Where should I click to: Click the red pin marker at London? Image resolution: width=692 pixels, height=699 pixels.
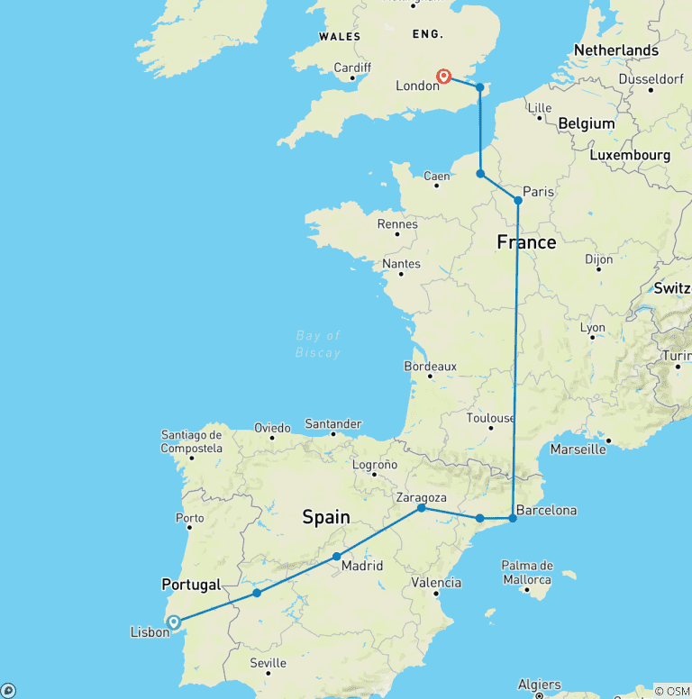pos(444,77)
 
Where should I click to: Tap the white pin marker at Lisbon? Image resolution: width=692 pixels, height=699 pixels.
pos(173,622)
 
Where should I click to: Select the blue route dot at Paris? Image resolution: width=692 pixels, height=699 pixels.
pos(518,200)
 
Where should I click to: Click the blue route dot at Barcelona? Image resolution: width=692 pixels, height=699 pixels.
pos(513,518)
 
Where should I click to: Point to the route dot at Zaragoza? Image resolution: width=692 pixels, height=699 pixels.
pos(421,508)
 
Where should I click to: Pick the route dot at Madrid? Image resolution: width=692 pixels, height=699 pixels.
pos(336,556)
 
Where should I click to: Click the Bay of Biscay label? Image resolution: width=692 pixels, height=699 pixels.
pos(319,344)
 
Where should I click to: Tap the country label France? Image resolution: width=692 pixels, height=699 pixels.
pos(526,242)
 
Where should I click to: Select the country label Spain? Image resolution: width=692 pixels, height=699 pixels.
pos(326,517)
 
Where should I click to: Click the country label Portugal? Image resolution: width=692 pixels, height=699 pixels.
pos(191,585)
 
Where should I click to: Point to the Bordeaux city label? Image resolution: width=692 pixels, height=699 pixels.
pos(430,367)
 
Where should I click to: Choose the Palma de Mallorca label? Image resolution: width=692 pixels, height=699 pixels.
pos(527,572)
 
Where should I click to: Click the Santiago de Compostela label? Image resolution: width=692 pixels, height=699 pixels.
pos(192,440)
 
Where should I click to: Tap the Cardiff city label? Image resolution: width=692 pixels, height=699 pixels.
pos(351,68)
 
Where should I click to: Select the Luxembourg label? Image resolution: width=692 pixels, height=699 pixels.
pos(630,155)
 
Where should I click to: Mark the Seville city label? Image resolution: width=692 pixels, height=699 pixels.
pos(268,663)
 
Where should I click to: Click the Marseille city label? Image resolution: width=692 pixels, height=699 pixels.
pos(577,449)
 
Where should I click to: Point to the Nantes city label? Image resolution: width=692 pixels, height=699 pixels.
pos(402,264)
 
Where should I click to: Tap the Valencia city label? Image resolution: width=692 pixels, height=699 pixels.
pos(436,583)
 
